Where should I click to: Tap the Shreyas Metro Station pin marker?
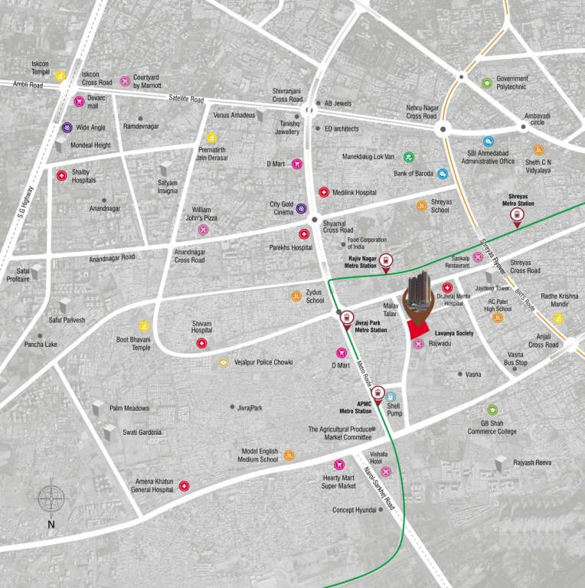coord(518,216)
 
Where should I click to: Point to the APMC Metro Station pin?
coord(377,394)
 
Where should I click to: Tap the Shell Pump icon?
coord(391,397)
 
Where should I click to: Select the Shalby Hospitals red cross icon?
coord(61,175)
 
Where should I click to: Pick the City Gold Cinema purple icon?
coord(301,208)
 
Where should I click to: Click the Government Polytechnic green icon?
coord(486,83)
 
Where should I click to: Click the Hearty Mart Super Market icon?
coord(339,465)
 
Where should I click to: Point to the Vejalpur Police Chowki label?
coord(264,362)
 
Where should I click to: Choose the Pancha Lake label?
coord(41,345)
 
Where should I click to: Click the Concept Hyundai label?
coord(355,510)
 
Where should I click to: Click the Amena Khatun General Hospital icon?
coord(184,485)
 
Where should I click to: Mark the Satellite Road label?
coord(187,99)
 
